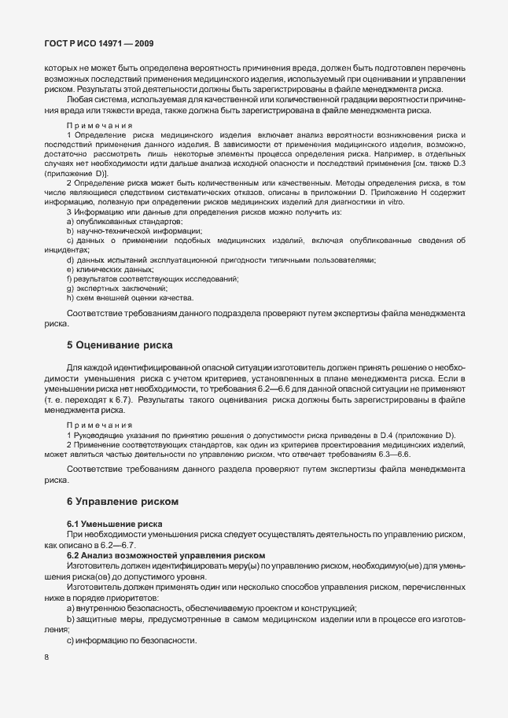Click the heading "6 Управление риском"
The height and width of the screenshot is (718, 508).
coord(123,501)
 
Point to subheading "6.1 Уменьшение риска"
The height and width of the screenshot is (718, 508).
coord(115,524)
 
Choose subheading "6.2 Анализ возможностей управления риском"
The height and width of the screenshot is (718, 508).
coord(166,555)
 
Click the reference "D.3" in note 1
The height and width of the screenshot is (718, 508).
coord(458,164)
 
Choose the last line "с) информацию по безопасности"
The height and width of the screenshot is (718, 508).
coord(131,639)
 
